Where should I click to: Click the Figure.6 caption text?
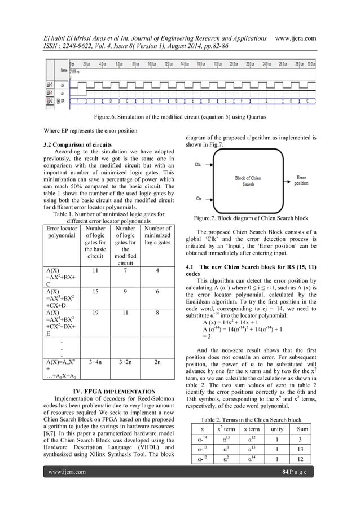point(179,117)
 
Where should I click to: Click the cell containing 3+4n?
point(96,361)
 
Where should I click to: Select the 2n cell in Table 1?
point(157,361)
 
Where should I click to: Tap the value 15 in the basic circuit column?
point(96,291)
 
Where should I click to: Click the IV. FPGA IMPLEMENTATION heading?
point(108,390)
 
